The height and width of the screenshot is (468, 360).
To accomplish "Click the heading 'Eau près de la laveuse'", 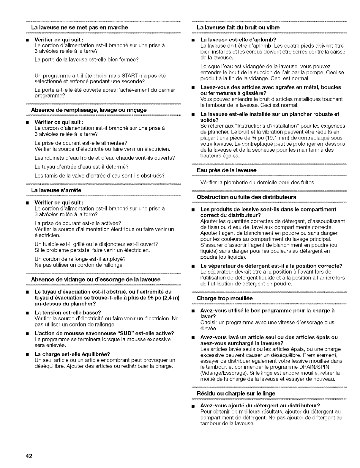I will (x=227, y=170).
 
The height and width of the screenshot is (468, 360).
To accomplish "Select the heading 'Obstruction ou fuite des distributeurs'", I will (x=247, y=197).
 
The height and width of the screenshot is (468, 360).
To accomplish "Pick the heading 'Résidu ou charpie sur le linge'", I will (x=236, y=393).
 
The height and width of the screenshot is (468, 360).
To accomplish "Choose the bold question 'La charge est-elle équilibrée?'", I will (x=72, y=354).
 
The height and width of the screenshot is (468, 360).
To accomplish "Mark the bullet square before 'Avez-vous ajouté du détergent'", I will (x=193, y=406).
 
